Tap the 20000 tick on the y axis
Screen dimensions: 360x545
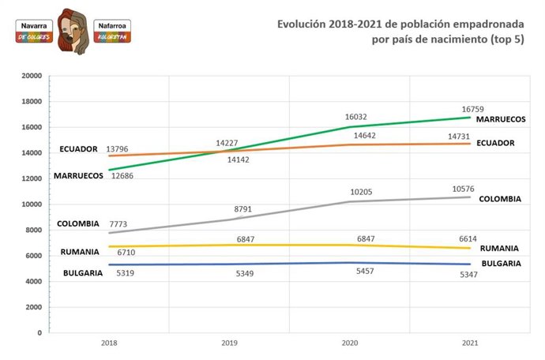31,76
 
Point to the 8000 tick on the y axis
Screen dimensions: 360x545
33,230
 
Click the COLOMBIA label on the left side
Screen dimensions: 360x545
78,223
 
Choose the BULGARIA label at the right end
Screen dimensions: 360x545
500,263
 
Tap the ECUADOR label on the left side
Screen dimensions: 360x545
78,148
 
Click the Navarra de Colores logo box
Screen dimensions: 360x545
34,31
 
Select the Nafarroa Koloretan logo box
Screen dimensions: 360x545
112,31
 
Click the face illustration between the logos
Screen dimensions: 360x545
73,30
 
